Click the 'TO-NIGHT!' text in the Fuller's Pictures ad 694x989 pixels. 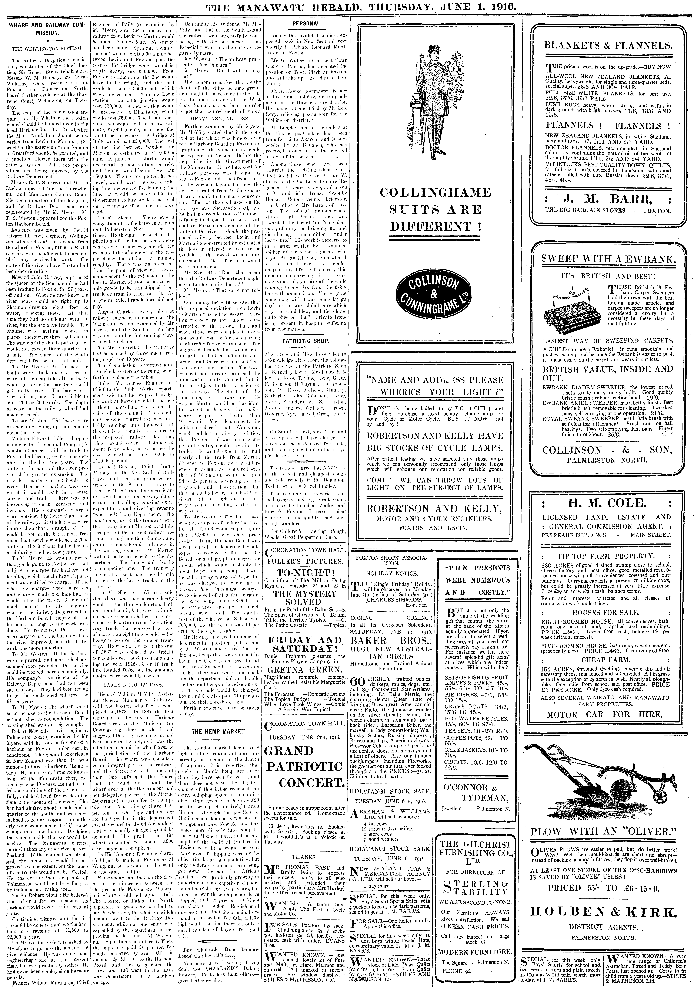[x=306, y=572]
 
